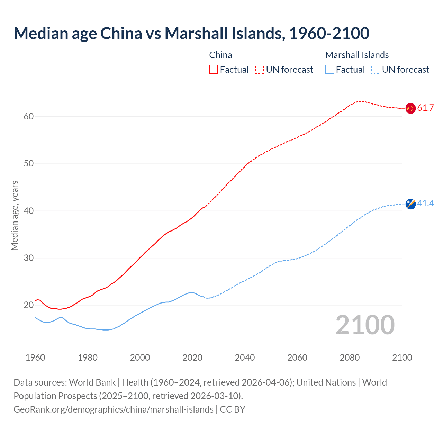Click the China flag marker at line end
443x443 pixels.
click(x=410, y=108)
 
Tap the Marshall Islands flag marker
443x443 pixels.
click(x=410, y=204)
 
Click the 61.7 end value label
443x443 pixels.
click(x=425, y=108)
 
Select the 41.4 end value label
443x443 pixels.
click(x=425, y=204)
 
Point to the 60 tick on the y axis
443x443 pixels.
click(x=29, y=117)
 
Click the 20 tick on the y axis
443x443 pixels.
click(x=29, y=305)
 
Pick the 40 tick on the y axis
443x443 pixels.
click(x=29, y=211)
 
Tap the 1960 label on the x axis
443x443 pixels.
click(x=35, y=358)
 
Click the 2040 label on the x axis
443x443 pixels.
click(x=245, y=358)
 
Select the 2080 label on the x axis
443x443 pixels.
click(x=350, y=358)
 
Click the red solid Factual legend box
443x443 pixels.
click(x=214, y=70)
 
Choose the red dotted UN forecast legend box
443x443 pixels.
click(x=260, y=70)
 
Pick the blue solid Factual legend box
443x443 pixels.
click(x=329, y=70)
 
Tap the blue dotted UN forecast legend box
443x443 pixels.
click(x=376, y=70)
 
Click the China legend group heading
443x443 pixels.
click(x=220, y=55)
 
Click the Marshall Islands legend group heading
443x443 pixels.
click(x=357, y=55)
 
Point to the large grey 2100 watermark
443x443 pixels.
click(x=365, y=325)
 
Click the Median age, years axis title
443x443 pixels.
click(x=15, y=215)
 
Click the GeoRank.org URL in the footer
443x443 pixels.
click(x=114, y=409)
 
